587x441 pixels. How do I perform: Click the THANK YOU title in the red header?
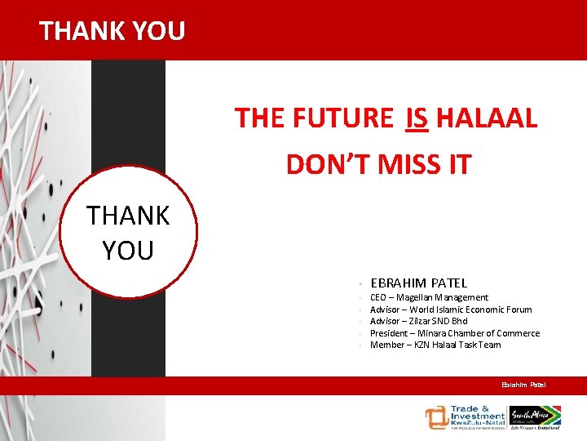click(x=113, y=31)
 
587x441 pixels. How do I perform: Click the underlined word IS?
click(x=416, y=118)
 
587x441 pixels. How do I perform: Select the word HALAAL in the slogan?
click(x=487, y=118)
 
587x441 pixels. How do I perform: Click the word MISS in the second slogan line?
click(x=404, y=164)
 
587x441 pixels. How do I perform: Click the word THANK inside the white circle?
click(x=128, y=216)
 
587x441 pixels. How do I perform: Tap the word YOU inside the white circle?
click(x=128, y=251)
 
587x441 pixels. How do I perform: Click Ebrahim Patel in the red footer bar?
click(x=523, y=385)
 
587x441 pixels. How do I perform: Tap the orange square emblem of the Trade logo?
click(x=435, y=416)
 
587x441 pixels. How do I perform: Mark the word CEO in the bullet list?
click(x=378, y=298)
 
